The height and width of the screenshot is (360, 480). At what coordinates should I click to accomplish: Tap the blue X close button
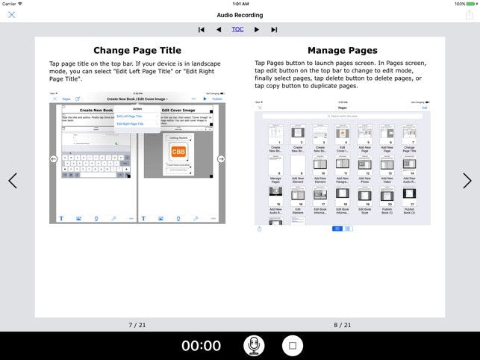(11, 15)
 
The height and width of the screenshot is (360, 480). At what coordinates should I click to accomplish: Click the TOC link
(237, 29)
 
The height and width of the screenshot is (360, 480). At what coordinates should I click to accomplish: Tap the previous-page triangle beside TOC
(219, 30)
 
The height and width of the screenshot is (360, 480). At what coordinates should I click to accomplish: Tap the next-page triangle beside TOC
(257, 30)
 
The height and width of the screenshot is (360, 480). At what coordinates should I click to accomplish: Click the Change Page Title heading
(138, 51)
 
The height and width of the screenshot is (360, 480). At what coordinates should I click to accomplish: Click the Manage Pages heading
(342, 51)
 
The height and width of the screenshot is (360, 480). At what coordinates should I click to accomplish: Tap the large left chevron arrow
(12, 181)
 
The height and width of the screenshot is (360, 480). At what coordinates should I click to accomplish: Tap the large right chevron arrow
(467, 181)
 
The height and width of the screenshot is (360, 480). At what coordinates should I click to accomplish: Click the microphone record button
(255, 345)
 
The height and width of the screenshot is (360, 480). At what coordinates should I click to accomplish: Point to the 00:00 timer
(202, 345)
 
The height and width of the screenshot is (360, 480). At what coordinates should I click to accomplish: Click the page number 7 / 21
(138, 325)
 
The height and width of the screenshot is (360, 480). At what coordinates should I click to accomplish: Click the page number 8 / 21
(342, 325)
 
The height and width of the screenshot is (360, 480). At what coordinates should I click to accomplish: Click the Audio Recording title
(240, 15)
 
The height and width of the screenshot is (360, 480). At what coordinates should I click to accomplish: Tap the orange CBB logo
(178, 152)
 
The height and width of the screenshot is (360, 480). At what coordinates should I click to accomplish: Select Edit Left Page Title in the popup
(129, 117)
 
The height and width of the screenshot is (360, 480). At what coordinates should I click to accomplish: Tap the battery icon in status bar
(470, 4)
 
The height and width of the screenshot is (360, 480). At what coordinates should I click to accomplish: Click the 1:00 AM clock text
(240, 4)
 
